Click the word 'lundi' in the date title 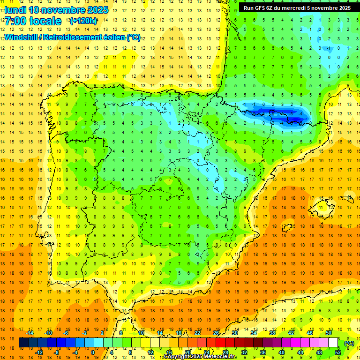pos(15,9)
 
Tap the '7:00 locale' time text pos(33,21)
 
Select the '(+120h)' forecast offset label pos(83,21)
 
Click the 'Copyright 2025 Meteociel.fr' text pos(200,357)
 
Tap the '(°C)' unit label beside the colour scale pos(349,343)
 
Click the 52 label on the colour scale pos(338,352)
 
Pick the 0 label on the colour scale pos(92,352)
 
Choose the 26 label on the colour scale pos(216,333)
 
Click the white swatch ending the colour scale pos(333,343)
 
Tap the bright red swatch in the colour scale pos(221,343)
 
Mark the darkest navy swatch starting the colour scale pos(24,343)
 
